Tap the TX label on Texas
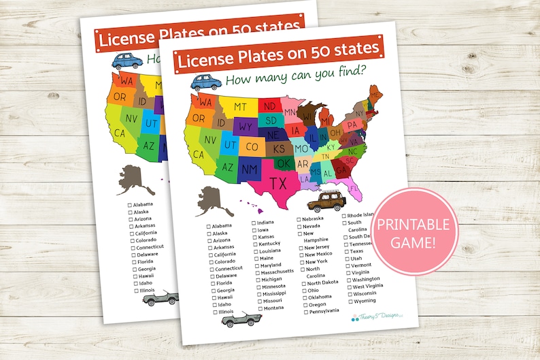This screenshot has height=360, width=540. [x=277, y=183]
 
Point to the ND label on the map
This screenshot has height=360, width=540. [x=269, y=107]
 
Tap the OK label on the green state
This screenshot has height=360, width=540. [x=284, y=163]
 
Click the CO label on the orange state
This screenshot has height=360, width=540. [x=251, y=146]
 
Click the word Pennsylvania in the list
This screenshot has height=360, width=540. [x=323, y=311]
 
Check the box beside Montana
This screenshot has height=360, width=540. [x=258, y=308]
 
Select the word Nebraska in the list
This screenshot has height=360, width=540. [x=317, y=218]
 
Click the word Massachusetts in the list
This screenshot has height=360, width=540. [x=279, y=272]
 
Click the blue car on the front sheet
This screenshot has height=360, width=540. [x=207, y=83]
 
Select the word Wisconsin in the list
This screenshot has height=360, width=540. [x=368, y=293]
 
